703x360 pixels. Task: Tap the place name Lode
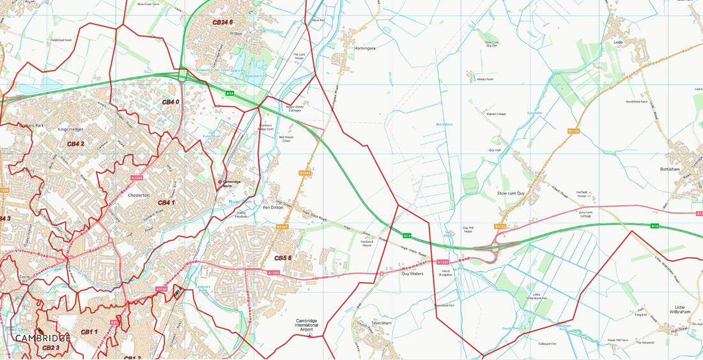pos(617,42)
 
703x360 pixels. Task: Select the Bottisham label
pos(672,169)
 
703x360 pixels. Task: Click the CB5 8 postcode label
pos(283,258)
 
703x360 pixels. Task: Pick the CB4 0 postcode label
pos(171,102)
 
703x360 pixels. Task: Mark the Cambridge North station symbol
pos(220,182)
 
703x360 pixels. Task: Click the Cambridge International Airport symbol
pos(311,335)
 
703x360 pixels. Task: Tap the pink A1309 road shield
pos(135,177)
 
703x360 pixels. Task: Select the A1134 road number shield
pos(162,289)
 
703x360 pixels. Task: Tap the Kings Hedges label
pos(71,129)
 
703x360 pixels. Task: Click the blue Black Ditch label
pos(444,124)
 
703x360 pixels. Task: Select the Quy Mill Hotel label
pos(468,230)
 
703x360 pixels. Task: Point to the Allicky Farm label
pos(485,79)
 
